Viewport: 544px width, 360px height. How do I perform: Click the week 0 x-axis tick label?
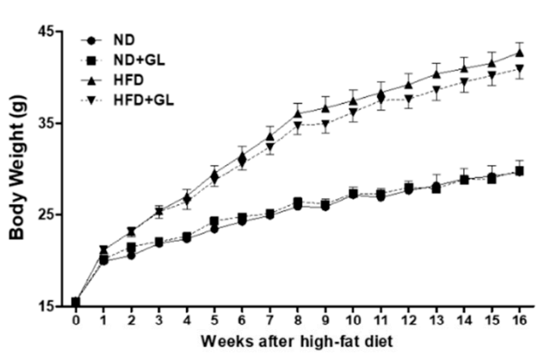point(75,321)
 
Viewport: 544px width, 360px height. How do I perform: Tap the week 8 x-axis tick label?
point(297,321)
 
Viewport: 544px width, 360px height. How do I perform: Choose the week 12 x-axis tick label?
point(409,321)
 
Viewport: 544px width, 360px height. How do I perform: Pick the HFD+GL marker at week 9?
point(325,125)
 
